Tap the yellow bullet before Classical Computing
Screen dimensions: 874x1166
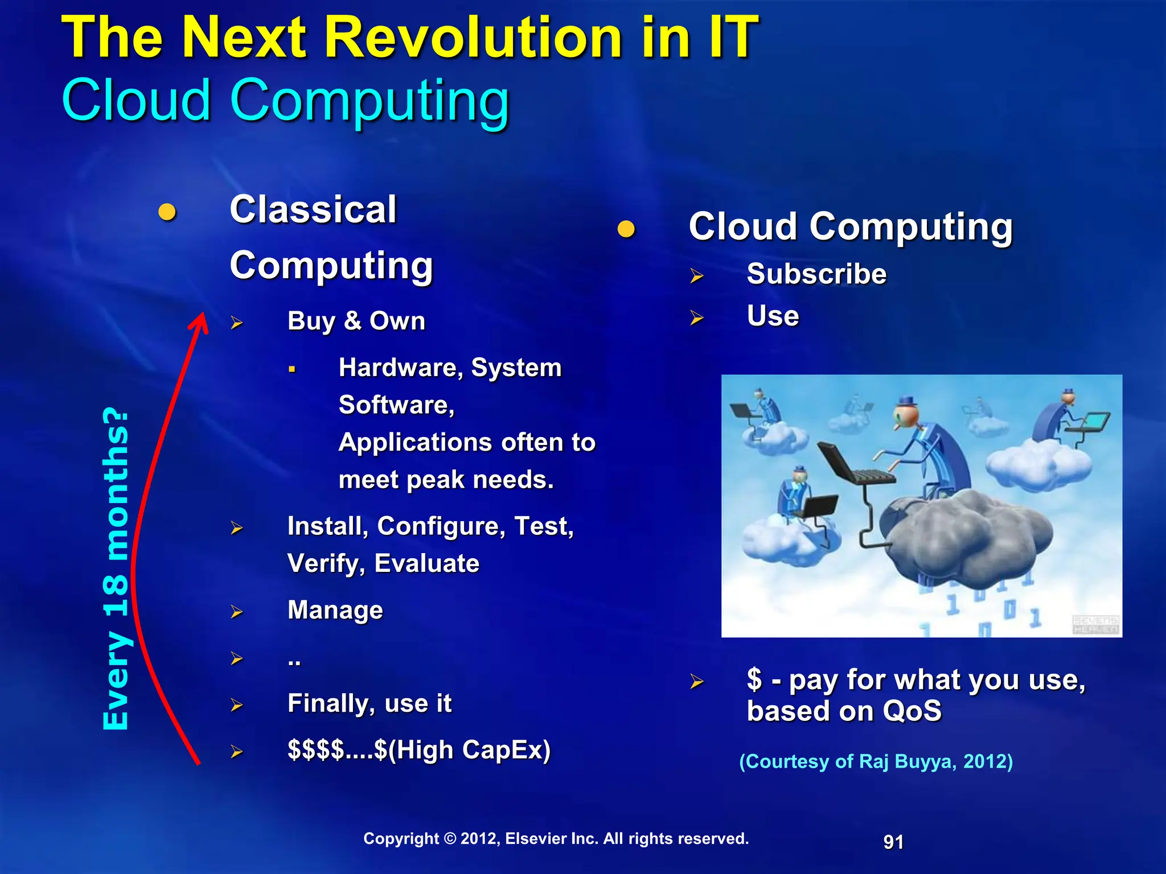pyautogui.click(x=167, y=212)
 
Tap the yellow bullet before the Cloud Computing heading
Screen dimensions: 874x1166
pyautogui.click(x=626, y=229)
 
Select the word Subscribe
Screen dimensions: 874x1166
pyautogui.click(x=816, y=274)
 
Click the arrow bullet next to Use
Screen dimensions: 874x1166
pyautogui.click(x=696, y=318)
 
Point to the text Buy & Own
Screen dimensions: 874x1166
pyautogui.click(x=356, y=321)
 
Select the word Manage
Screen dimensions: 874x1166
pyautogui.click(x=335, y=610)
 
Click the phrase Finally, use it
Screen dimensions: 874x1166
pyautogui.click(x=369, y=703)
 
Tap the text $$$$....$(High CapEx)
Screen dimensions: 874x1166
pyautogui.click(x=419, y=750)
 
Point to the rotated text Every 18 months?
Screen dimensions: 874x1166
pyautogui.click(x=116, y=569)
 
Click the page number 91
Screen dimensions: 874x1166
pyautogui.click(x=893, y=842)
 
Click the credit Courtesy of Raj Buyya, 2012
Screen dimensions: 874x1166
pyautogui.click(x=876, y=761)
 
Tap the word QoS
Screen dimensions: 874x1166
pyautogui.click(x=912, y=711)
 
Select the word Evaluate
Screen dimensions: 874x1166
pyautogui.click(x=426, y=564)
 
